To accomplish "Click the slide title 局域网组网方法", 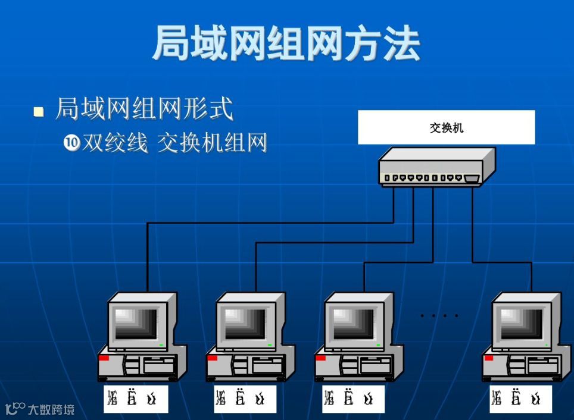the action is pyautogui.click(x=286, y=43).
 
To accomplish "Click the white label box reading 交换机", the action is pyautogui.click(x=446, y=127).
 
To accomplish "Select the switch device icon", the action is pyautogui.click(x=436, y=167).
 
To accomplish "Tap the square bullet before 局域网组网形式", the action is pyautogui.click(x=39, y=111).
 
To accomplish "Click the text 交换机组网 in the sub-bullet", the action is pyautogui.click(x=212, y=143).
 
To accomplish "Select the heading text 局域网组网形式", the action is pyautogui.click(x=144, y=110).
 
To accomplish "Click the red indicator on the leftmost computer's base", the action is pyautogui.click(x=104, y=358).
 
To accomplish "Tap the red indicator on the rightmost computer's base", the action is pyautogui.click(x=489, y=358).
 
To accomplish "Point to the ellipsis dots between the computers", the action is pyautogui.click(x=439, y=315).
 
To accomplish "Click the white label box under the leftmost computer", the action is pyautogui.click(x=136, y=399).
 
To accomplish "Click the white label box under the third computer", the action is pyautogui.click(x=352, y=399).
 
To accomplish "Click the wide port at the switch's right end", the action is pyautogui.click(x=472, y=178).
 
